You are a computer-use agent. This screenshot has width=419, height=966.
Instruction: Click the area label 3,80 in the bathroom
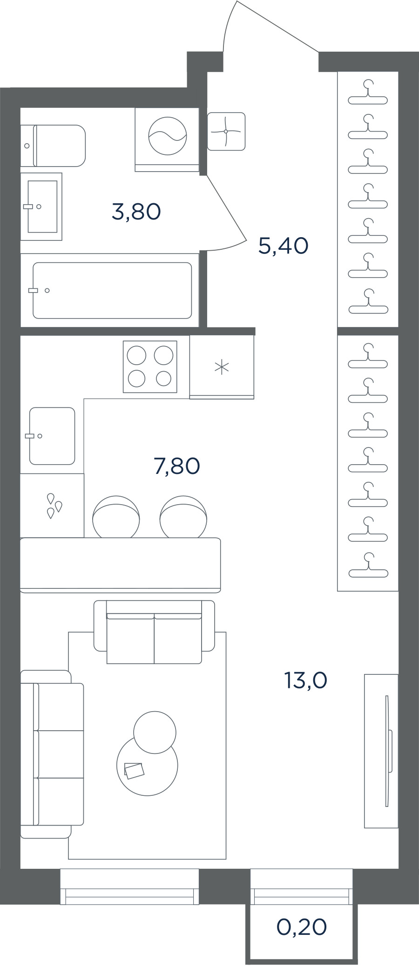pyautogui.click(x=136, y=212)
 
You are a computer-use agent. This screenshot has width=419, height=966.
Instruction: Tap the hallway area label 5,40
pyautogui.click(x=284, y=246)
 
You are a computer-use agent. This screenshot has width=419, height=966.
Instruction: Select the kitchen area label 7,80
pyautogui.click(x=177, y=466)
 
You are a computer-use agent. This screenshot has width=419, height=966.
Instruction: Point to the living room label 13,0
pyautogui.click(x=306, y=680)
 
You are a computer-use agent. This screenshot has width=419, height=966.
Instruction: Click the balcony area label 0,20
pyautogui.click(x=302, y=927)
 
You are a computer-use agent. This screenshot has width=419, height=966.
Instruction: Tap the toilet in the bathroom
pyautogui.click(x=53, y=146)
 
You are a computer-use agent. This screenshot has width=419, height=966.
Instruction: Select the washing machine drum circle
pyautogui.click(x=168, y=135)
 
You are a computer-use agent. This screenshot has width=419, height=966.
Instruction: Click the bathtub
pyautogui.click(x=112, y=291)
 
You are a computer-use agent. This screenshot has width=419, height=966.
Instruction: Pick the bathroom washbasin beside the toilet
pyautogui.click(x=41, y=207)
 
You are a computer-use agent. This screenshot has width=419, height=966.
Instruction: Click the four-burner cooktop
pyautogui.click(x=150, y=367)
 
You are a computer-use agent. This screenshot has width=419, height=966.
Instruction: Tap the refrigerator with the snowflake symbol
pyautogui.click(x=222, y=367)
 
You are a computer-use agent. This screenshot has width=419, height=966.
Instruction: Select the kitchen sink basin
pyautogui.click(x=52, y=436)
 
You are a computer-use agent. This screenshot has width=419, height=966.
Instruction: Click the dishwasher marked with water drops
pyautogui.click(x=52, y=506)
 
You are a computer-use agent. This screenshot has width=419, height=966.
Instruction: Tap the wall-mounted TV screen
pyautogui.click(x=387, y=751)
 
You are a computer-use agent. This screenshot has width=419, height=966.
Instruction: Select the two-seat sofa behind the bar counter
pyautogui.click(x=155, y=632)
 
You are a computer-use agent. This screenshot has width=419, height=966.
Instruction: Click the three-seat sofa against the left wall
pyautogui.click(x=52, y=754)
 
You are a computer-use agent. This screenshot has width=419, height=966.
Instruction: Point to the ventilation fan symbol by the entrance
pyautogui.click(x=226, y=131)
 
